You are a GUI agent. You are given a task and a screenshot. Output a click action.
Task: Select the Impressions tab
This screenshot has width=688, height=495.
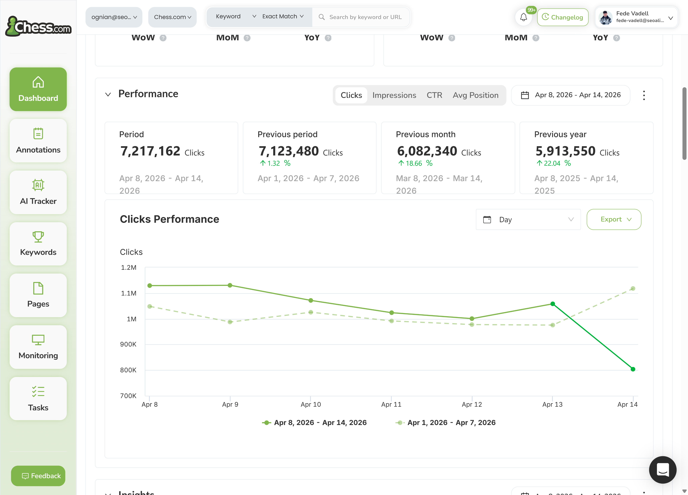(x=394, y=95)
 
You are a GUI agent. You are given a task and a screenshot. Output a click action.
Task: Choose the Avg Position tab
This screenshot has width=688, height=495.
(x=475, y=95)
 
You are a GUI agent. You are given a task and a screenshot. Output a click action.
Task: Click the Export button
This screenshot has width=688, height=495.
(x=614, y=219)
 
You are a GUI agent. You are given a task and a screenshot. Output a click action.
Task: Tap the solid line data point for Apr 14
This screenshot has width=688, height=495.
(x=633, y=369)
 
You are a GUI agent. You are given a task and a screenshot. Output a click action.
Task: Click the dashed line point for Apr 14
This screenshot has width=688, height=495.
(x=633, y=289)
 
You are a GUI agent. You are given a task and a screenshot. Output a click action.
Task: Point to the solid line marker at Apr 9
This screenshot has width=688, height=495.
(x=230, y=285)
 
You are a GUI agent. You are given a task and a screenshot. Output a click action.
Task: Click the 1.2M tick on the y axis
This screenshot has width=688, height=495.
(x=129, y=267)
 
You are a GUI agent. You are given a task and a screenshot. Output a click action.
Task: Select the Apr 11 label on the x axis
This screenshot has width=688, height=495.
(x=391, y=404)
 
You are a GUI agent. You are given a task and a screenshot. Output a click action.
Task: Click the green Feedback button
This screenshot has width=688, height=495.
(x=38, y=476)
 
